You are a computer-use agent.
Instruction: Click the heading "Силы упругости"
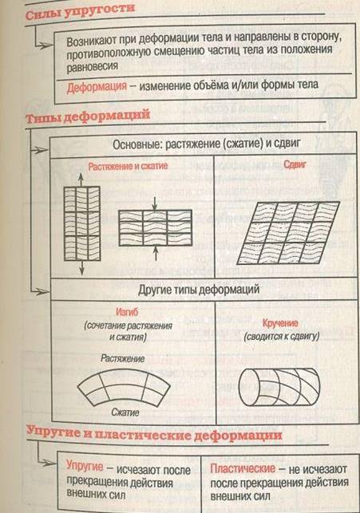pos(80,11)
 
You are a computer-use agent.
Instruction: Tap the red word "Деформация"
pos(97,87)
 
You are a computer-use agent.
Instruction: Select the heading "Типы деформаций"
pos(87,116)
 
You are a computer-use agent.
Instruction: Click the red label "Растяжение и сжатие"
pos(128,166)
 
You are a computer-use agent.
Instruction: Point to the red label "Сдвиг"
pos(295,164)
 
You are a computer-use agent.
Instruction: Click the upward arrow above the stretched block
pos(81,180)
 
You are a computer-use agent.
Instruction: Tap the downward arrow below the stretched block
pos(81,267)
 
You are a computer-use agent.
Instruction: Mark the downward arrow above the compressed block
pos(156,203)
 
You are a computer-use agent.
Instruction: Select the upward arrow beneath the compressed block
pos(156,254)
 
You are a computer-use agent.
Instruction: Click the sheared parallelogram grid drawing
pos(288,233)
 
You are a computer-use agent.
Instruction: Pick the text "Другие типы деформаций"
pos(199,290)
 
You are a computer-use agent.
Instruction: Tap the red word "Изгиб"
pos(127,312)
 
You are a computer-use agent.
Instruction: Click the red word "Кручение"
pos(280,323)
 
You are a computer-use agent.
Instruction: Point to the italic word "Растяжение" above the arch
pos(122,358)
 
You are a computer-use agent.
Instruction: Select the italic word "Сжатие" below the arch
pos(125,412)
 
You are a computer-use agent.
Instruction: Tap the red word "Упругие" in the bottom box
pos(85,466)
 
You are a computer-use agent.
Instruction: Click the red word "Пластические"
pos(243,468)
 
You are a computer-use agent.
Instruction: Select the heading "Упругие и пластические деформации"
pos(154,434)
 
